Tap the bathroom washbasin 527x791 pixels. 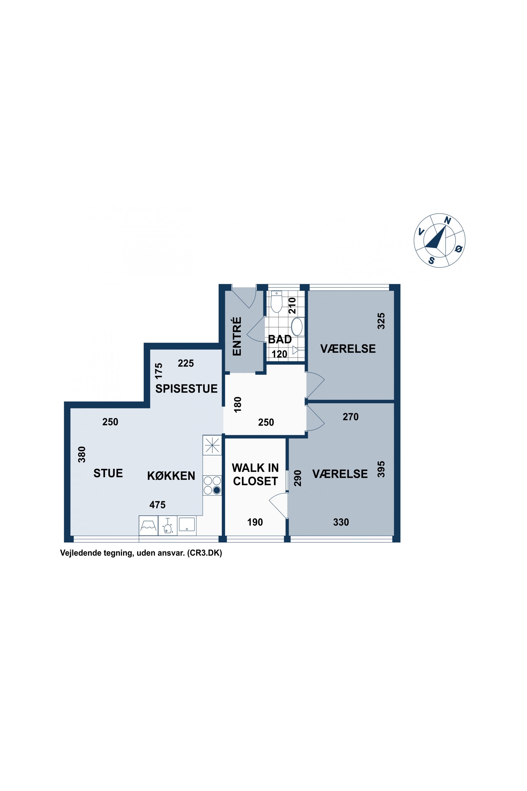297,327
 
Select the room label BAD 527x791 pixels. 280,339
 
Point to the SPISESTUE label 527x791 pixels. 186,388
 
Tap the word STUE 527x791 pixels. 108,473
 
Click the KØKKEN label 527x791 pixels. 171,476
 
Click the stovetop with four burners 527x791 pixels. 212,485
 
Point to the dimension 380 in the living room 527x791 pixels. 82,454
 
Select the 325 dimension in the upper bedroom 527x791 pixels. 381,321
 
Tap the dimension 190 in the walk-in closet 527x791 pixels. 255,522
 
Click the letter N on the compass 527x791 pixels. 447,221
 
